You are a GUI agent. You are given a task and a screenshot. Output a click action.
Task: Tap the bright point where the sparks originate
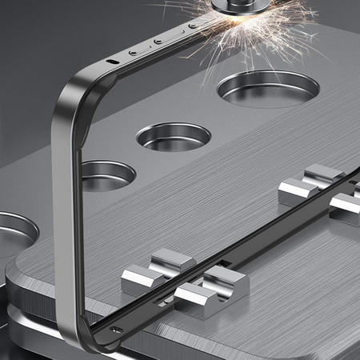coord(214,18)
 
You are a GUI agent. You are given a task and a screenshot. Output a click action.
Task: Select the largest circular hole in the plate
coord(268,88)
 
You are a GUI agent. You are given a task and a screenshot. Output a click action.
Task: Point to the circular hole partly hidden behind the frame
coord(108,174)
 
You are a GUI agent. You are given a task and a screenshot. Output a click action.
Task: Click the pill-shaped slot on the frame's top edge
coord(113,61)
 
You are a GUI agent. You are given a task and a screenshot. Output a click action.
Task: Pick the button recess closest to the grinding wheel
coord(192,26)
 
